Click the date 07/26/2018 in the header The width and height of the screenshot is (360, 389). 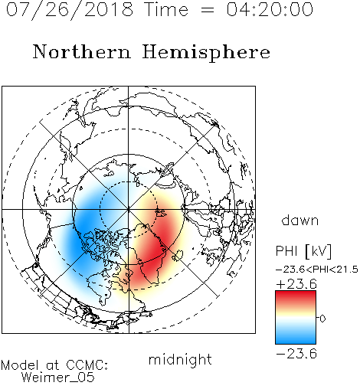(x=70, y=10)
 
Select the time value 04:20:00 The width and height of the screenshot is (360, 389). (x=270, y=9)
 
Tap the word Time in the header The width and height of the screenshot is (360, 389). (x=166, y=9)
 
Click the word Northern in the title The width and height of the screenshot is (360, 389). (x=81, y=52)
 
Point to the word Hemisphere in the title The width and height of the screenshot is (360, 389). (x=206, y=53)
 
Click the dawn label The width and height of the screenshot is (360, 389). (x=300, y=220)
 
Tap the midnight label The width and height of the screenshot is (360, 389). (x=180, y=359)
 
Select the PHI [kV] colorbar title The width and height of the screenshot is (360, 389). (x=303, y=251)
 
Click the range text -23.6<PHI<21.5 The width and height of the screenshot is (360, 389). (x=317, y=270)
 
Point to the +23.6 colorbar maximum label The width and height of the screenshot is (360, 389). (x=296, y=284)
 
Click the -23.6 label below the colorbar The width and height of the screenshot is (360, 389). (x=296, y=354)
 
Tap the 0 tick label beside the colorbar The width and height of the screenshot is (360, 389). (x=322, y=319)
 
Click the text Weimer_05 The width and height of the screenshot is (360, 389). (x=58, y=378)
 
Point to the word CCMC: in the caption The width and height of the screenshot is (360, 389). (x=87, y=365)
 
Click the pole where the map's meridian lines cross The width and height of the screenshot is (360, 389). (x=128, y=210)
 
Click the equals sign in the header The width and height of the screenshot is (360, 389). (x=208, y=10)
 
